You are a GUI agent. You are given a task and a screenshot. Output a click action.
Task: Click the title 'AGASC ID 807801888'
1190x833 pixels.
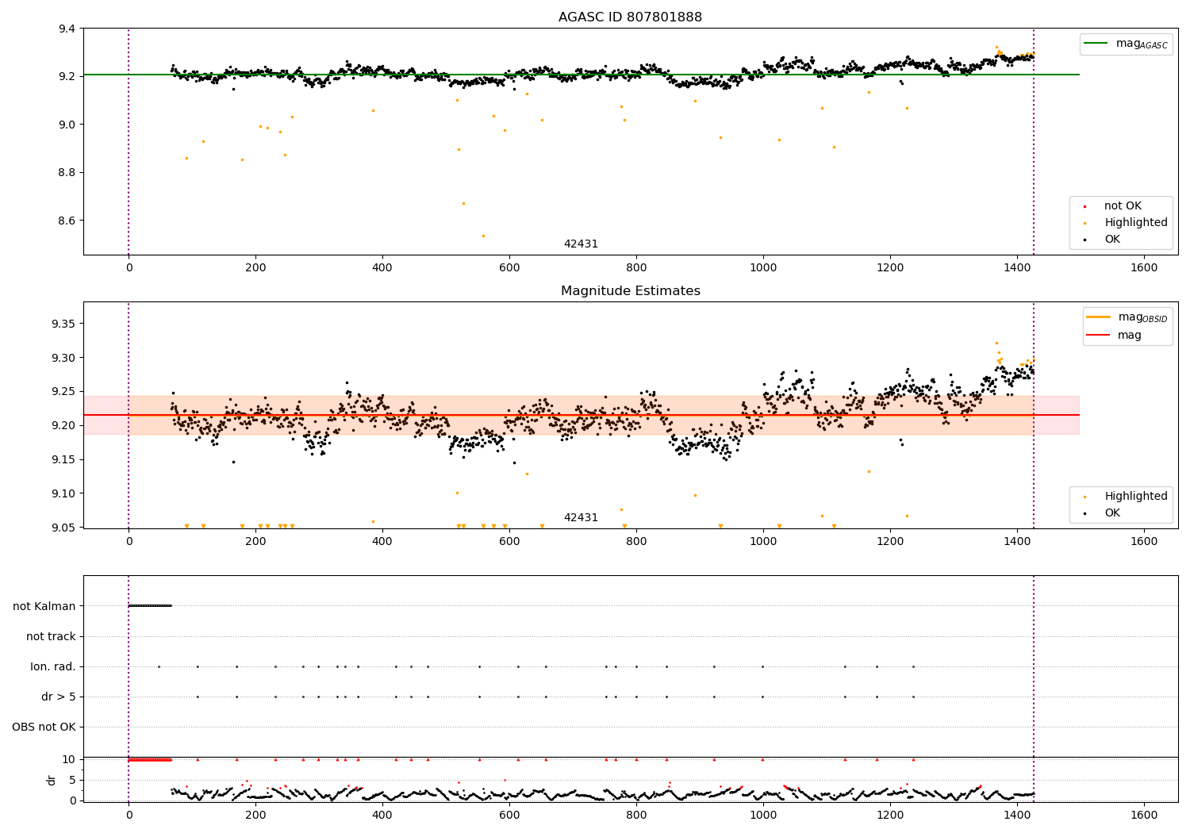click(x=630, y=17)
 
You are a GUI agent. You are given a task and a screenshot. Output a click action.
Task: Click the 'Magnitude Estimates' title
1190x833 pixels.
click(x=630, y=291)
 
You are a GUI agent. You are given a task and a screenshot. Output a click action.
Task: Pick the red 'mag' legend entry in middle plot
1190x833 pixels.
click(x=1129, y=336)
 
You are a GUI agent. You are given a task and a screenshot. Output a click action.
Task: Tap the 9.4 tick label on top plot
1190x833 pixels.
click(x=67, y=29)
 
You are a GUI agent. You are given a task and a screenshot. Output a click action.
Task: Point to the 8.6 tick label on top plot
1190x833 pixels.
click(x=67, y=221)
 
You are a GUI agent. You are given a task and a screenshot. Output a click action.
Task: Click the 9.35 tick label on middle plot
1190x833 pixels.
click(x=63, y=324)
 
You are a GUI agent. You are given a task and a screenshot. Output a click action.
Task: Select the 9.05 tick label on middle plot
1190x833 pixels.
click(x=63, y=528)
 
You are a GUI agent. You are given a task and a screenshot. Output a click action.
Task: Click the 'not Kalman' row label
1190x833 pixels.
click(x=44, y=606)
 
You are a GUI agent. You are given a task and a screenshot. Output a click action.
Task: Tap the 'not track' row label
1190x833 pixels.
click(x=51, y=636)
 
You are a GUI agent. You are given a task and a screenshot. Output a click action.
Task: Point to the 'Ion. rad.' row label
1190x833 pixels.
click(x=53, y=666)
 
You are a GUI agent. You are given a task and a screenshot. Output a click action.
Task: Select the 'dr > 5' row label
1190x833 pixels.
click(x=59, y=697)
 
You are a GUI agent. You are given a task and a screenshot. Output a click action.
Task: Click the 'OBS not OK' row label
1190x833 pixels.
click(x=44, y=727)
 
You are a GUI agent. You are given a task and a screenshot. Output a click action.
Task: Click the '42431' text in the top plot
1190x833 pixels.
click(x=581, y=244)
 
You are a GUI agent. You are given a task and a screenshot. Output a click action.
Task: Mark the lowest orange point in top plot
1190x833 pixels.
click(x=483, y=236)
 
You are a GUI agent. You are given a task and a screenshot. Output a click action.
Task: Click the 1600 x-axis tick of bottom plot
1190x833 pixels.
click(x=1144, y=815)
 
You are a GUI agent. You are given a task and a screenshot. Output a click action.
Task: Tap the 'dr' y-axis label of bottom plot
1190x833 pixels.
click(x=52, y=780)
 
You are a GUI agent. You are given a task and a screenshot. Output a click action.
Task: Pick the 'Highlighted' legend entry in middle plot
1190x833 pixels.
click(x=1135, y=497)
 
